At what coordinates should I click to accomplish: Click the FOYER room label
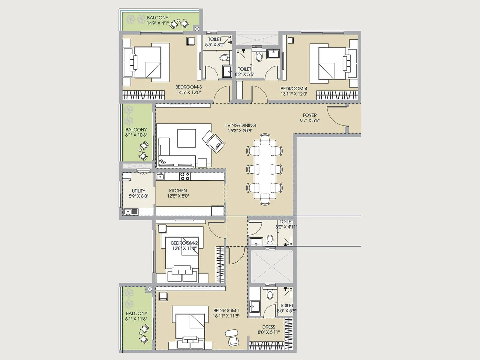click(310, 115)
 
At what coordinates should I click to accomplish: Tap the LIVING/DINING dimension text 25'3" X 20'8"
click(240, 131)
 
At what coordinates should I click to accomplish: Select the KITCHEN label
click(178, 190)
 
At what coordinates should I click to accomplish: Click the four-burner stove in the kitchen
click(185, 176)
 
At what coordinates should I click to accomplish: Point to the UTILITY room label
click(138, 191)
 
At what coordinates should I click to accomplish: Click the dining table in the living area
click(265, 169)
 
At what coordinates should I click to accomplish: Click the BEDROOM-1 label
click(226, 311)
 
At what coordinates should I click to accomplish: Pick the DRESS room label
click(268, 327)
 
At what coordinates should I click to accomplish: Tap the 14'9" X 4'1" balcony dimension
click(157, 23)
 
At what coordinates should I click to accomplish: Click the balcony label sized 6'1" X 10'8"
click(136, 130)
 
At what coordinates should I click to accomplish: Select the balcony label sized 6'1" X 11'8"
click(136, 313)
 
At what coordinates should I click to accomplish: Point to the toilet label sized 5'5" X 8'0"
click(214, 39)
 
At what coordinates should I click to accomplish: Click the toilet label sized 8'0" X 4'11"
click(286, 222)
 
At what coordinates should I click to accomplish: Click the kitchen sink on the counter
click(160, 176)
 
